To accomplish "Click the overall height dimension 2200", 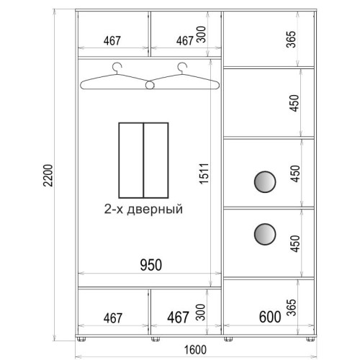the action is tap(48, 176).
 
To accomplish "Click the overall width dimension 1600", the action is tap(195, 350).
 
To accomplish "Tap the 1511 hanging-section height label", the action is tap(204, 174).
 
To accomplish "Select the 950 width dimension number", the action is tap(151, 265).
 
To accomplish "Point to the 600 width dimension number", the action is tap(270, 317).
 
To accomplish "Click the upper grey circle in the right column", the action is tap(265, 181).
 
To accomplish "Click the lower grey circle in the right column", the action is tap(265, 234).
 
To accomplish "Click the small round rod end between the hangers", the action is tap(150, 85).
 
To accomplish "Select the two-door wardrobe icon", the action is tap(143, 161).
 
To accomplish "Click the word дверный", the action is tap(155, 210).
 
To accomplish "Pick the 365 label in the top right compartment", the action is tap(291, 40).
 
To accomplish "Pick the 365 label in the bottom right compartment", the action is tap(291, 307).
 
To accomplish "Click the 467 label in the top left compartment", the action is tap(112, 41).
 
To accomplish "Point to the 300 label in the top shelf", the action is tap(201, 35).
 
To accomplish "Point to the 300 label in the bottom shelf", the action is tap(201, 312).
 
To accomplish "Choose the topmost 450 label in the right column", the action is tap(294, 103).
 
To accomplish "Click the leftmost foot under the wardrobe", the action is tap(81, 339).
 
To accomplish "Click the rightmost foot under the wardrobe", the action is tap(310, 339).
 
